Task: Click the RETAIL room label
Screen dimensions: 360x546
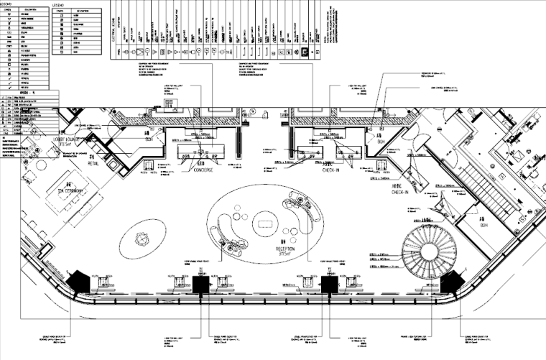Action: point(93,163)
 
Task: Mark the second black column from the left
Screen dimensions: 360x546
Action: point(200,285)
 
